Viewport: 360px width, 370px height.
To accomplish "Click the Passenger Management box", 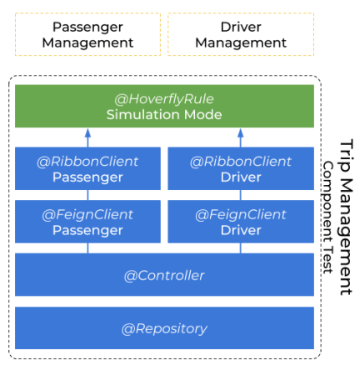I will (x=87, y=34).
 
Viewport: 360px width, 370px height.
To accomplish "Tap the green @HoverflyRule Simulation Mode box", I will (x=164, y=106).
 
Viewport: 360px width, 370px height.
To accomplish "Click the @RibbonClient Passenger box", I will (x=87, y=169).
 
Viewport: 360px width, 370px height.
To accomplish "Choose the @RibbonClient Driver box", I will (x=241, y=169).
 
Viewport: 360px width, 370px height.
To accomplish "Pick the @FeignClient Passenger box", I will (x=87, y=222).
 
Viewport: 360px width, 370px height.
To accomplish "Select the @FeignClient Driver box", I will (x=241, y=222).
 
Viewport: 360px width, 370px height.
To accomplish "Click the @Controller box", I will (x=164, y=275).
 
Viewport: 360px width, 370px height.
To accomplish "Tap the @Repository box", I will (x=164, y=328).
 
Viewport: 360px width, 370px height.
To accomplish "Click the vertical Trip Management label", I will (x=347, y=217).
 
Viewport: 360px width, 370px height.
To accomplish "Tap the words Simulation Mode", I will (x=164, y=114).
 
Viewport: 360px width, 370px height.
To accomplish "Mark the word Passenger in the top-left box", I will (x=87, y=26).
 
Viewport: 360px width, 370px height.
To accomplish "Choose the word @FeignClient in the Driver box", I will (x=241, y=214).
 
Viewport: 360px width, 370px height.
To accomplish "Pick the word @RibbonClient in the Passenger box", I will (x=87, y=161).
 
